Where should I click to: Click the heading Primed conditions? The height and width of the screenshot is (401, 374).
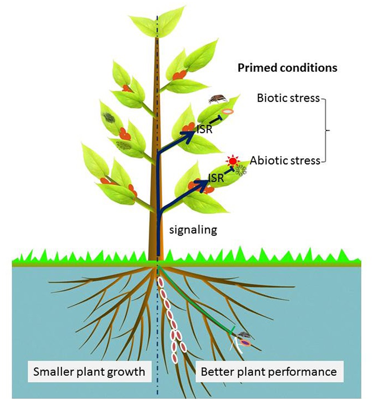[x=287, y=68]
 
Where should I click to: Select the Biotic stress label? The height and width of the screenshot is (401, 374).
[x=288, y=98]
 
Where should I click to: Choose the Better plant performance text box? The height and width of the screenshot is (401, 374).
[x=268, y=372]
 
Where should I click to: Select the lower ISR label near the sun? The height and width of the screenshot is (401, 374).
[x=216, y=177]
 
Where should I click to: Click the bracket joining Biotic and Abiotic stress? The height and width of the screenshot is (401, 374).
[x=327, y=130]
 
